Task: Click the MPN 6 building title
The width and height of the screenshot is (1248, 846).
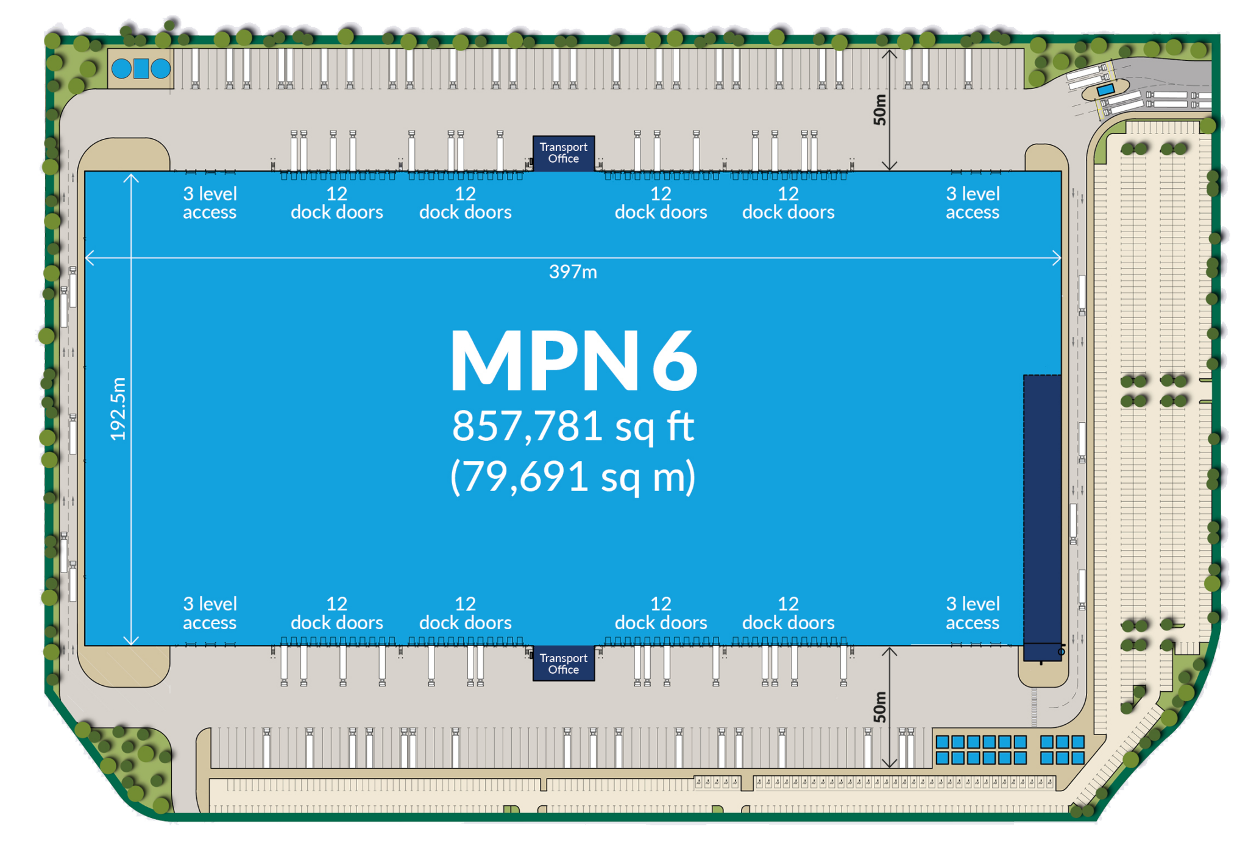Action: [573, 361]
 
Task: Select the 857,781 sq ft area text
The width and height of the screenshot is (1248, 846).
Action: [573, 426]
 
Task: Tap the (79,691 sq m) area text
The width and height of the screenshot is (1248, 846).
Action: [573, 476]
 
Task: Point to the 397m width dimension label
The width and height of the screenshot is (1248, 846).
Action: [573, 272]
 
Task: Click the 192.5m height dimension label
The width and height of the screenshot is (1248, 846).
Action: [118, 409]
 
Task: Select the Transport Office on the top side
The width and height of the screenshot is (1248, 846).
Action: [564, 153]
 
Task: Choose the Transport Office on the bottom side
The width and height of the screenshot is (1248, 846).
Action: [564, 663]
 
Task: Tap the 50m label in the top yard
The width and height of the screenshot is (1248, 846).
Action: [879, 110]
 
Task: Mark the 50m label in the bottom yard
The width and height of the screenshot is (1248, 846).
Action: [879, 707]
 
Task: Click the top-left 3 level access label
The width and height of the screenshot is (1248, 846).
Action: [210, 203]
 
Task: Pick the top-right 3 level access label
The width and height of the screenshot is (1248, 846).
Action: [973, 203]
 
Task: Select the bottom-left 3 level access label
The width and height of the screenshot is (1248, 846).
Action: [210, 613]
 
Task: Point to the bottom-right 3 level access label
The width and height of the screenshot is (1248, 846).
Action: [973, 613]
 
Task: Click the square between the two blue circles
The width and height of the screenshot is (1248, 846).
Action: [141, 69]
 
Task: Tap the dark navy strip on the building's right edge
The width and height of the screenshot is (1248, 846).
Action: [1042, 518]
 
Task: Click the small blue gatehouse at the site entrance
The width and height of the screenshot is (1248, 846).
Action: [1105, 90]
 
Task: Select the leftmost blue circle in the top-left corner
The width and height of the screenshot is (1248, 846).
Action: [121, 69]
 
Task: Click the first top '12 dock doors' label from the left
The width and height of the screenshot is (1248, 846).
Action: [337, 203]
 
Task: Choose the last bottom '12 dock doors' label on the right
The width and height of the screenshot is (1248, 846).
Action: [788, 613]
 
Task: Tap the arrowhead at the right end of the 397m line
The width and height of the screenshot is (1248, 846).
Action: [1058, 258]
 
